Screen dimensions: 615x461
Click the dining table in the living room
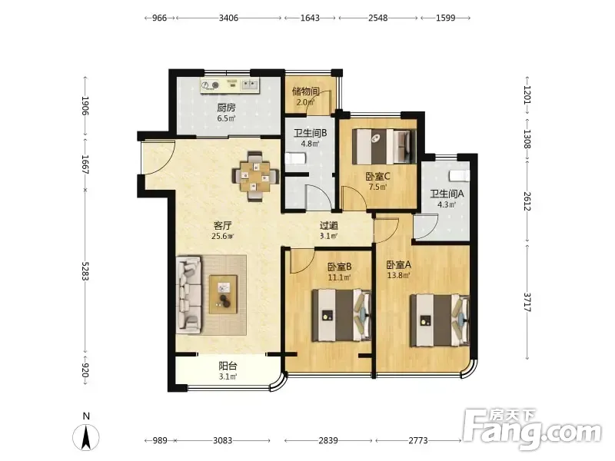[x=255, y=176]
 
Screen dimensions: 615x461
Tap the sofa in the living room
[x=189, y=295]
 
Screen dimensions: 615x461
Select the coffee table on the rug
[x=223, y=294]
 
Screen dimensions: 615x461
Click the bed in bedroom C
[x=384, y=147]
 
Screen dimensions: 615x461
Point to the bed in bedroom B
[x=341, y=315]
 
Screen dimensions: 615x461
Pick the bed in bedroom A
[x=440, y=320]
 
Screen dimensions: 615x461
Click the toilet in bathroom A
[x=459, y=176]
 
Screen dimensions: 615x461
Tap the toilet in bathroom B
[x=295, y=159]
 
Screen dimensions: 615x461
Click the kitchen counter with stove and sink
[x=230, y=86]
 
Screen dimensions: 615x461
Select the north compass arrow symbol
[x=86, y=436]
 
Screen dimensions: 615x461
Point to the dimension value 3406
[x=228, y=18]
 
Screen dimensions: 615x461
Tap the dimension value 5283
[x=85, y=271]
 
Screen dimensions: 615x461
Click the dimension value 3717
[x=527, y=302]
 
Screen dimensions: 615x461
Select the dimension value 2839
[x=328, y=440]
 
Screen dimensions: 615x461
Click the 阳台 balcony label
[x=228, y=366]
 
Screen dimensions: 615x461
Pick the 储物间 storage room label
[x=305, y=91]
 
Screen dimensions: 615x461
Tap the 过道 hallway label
[x=329, y=225]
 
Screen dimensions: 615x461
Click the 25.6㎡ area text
[x=222, y=236]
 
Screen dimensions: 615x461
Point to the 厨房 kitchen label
[x=226, y=108]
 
